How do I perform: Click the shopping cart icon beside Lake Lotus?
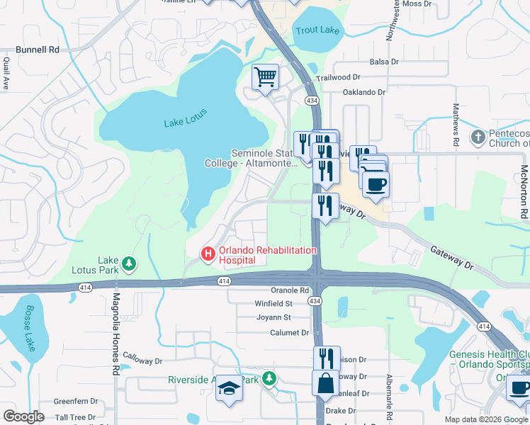[x=265, y=76]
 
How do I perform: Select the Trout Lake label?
[x=317, y=30]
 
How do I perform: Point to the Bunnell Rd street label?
[x=38, y=50]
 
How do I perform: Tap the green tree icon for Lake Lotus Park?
[x=129, y=264]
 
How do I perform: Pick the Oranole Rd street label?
[x=290, y=290]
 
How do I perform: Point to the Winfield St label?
[x=274, y=304]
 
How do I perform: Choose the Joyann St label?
[x=274, y=318]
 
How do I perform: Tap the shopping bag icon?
[x=325, y=383]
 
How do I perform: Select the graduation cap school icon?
[x=228, y=388]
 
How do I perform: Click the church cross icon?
[x=479, y=136]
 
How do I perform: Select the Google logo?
[x=23, y=416]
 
